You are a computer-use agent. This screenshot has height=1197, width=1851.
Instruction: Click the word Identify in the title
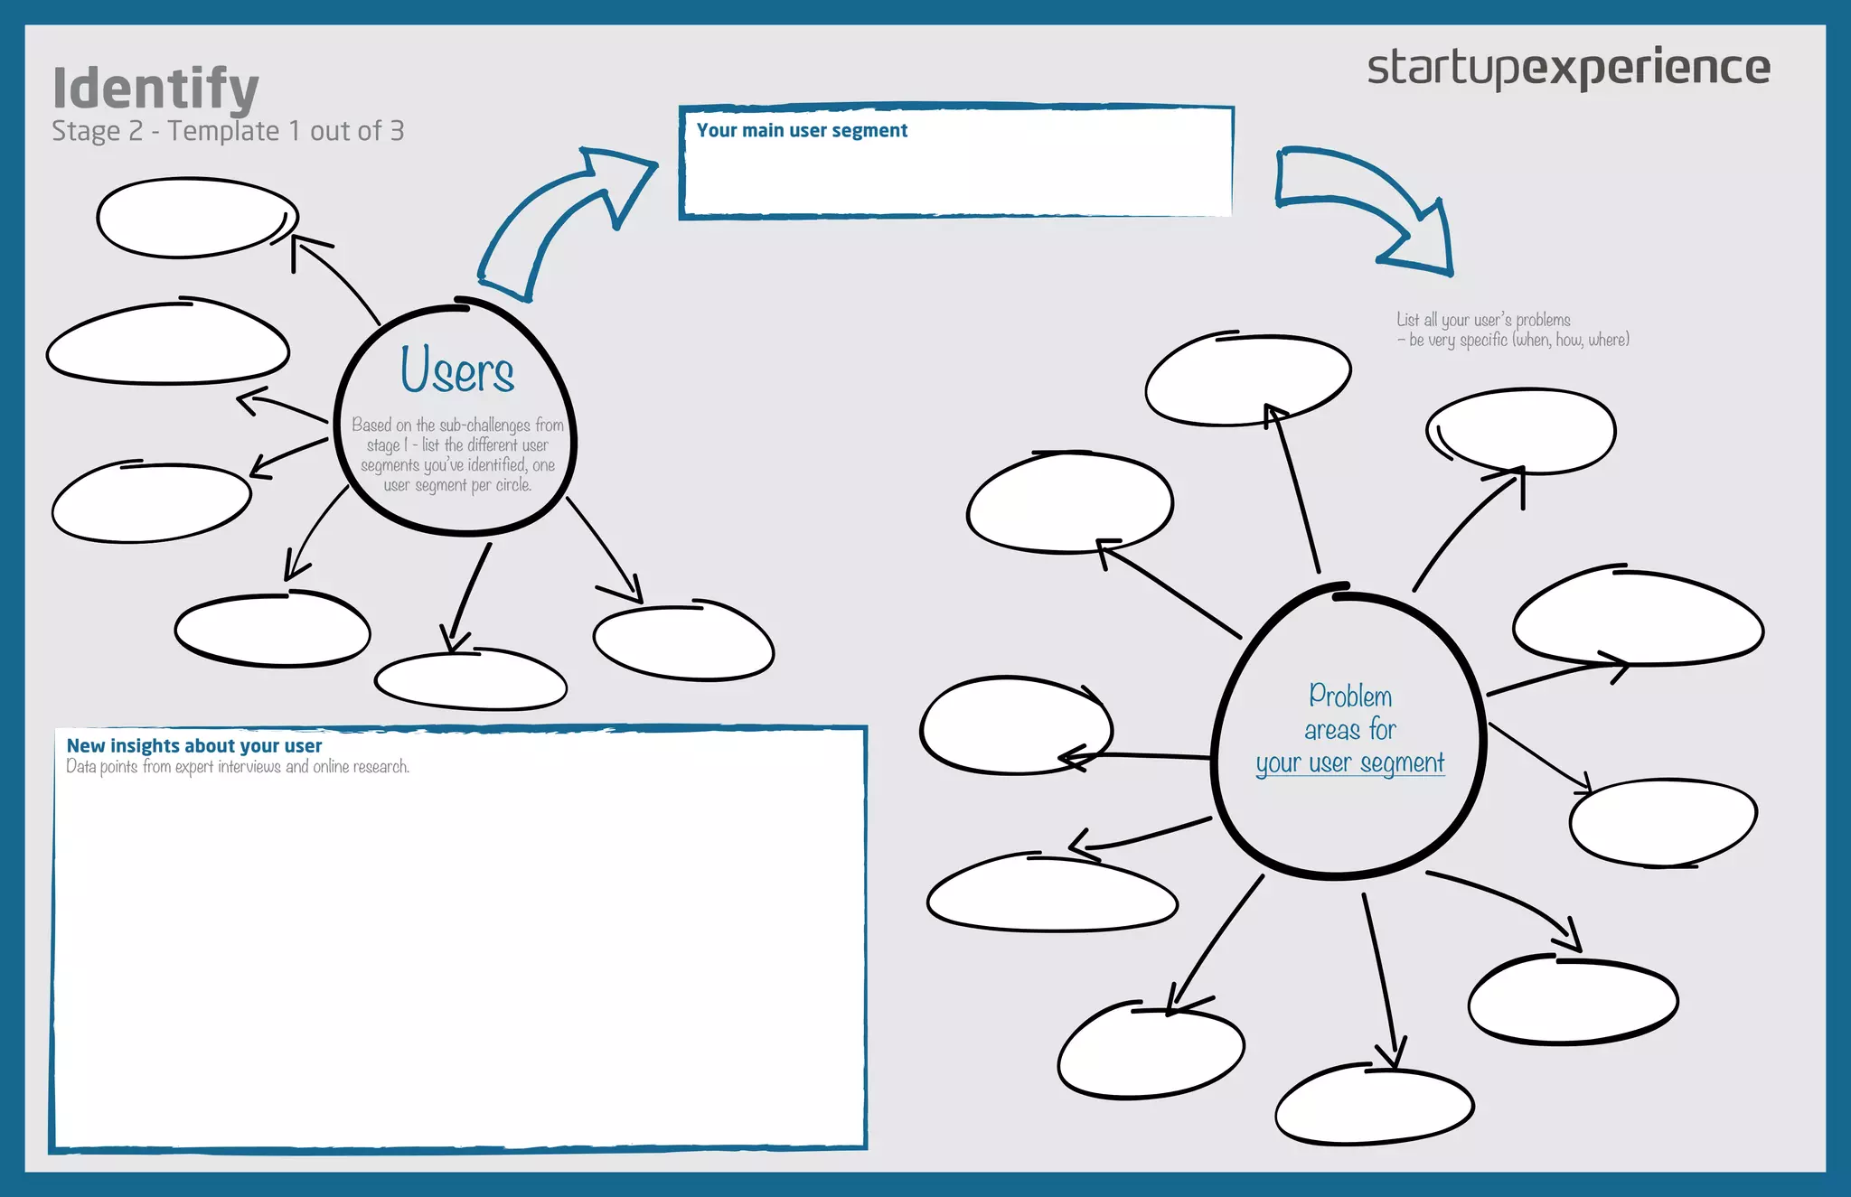click(x=155, y=89)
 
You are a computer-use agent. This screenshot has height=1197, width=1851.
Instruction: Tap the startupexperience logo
click(x=1568, y=68)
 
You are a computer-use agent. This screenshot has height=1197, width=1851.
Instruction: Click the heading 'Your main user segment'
click(x=802, y=131)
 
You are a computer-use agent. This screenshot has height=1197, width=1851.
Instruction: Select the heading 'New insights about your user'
click(x=194, y=746)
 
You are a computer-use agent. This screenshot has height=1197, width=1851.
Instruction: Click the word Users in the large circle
click(x=457, y=370)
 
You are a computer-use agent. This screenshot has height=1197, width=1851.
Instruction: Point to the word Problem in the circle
click(x=1350, y=697)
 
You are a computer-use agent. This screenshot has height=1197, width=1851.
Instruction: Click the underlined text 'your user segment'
click(x=1349, y=764)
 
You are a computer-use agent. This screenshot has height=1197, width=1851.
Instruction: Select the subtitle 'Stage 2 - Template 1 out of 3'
click(x=228, y=132)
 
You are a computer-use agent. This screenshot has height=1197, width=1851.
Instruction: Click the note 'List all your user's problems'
click(x=1483, y=320)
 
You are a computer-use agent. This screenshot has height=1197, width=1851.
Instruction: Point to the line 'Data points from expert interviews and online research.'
click(x=238, y=767)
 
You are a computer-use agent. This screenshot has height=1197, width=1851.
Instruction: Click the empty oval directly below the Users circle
click(x=470, y=681)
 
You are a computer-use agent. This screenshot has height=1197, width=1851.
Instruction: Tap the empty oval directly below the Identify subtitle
click(x=197, y=218)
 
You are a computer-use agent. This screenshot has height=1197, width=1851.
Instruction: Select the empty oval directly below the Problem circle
click(x=1374, y=1105)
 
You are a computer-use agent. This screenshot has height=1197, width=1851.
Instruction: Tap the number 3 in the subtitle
click(x=397, y=132)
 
